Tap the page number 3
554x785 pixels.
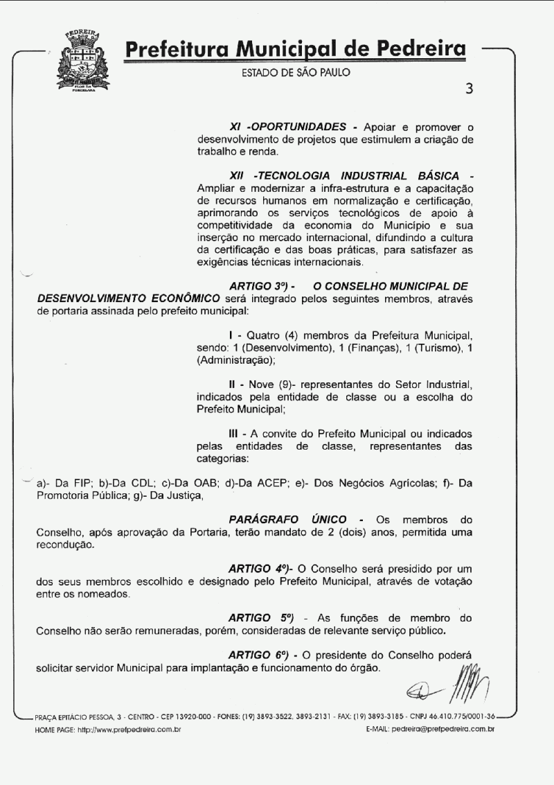470,89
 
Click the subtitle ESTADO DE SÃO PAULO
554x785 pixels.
296,73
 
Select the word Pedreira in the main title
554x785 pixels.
420,49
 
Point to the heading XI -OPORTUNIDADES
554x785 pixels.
287,127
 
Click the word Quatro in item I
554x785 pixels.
264,335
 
